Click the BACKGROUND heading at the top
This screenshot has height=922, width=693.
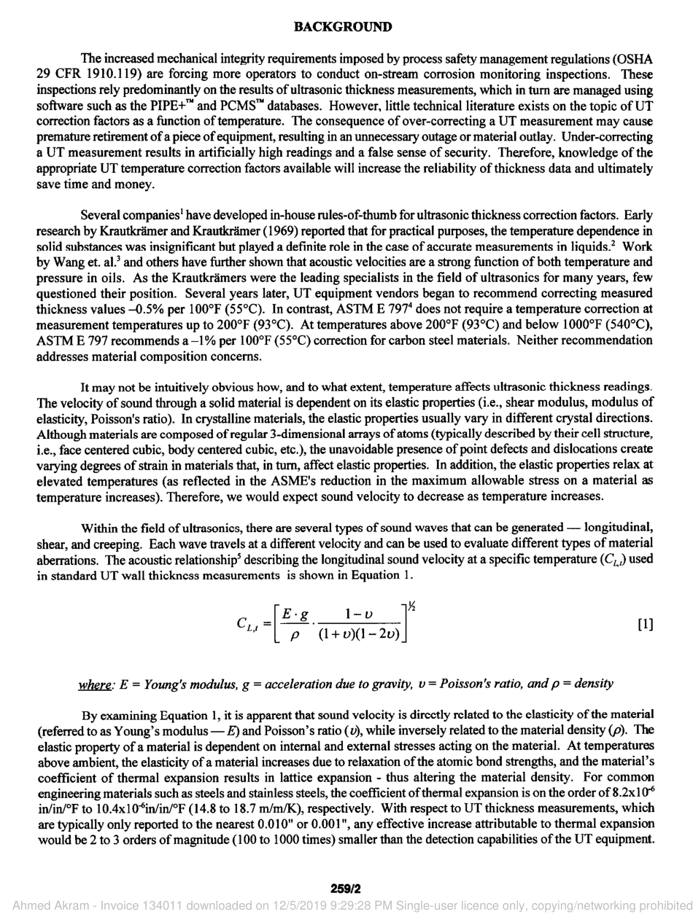(342, 27)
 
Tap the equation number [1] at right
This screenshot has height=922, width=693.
(645, 624)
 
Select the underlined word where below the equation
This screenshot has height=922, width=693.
(94, 684)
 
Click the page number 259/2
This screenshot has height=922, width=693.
(346, 888)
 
